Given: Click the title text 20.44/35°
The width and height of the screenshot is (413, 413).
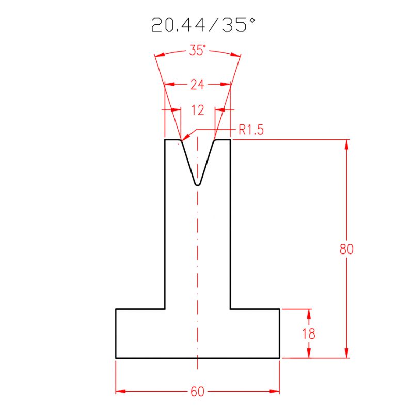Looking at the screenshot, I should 203,25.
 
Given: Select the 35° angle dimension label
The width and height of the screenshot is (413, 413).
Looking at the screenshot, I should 197,51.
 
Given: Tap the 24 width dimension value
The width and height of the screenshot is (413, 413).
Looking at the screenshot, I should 197,85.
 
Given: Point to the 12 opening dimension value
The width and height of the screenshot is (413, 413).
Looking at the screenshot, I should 198,110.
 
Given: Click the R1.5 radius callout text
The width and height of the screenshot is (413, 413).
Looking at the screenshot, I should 251,130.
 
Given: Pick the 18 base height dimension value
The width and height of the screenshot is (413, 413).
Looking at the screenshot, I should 309,333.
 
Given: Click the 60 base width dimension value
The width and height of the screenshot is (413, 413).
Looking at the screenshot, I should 197,392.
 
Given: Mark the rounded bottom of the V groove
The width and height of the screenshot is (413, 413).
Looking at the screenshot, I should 197,183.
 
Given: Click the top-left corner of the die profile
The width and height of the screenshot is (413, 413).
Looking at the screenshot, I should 165,139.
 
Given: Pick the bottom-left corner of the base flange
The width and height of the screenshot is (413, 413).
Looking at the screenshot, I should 116,357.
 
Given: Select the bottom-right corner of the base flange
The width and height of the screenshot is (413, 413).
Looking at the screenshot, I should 279,357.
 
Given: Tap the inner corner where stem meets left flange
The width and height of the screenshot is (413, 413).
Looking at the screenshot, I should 165,309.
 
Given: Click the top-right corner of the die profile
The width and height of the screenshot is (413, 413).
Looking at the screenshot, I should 230,139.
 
